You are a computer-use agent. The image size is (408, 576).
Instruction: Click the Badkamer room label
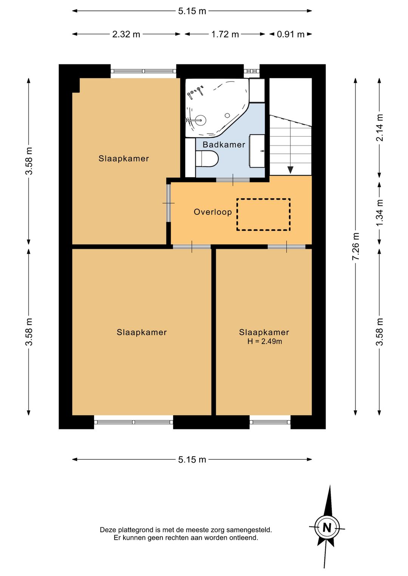coord(224,145)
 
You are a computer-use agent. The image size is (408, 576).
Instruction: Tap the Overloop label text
coord(213,212)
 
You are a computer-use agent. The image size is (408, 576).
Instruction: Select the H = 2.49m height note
coord(264,342)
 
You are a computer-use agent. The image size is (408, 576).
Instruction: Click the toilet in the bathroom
coord(207,159)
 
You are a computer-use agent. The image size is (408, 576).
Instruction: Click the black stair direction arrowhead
coord(291,170)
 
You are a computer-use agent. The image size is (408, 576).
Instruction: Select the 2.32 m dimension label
coord(126,34)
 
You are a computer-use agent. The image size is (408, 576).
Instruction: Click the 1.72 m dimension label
coord(225,34)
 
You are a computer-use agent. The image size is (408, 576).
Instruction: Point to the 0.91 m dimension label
coord(291,34)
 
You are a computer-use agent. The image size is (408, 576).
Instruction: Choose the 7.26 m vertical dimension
coord(355,246)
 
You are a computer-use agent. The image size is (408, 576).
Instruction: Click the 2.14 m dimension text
coord(379,128)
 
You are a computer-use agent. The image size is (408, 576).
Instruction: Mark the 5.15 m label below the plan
coord(192,459)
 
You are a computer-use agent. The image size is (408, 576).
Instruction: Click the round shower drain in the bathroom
coord(227,116)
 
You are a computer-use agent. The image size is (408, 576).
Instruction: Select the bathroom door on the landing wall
coord(233,180)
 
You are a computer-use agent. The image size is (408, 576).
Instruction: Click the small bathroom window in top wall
coord(252,71)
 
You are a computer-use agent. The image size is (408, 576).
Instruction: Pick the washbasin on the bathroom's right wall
coord(257,151)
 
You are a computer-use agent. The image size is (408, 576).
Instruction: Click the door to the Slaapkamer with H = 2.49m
coord(286,246)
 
